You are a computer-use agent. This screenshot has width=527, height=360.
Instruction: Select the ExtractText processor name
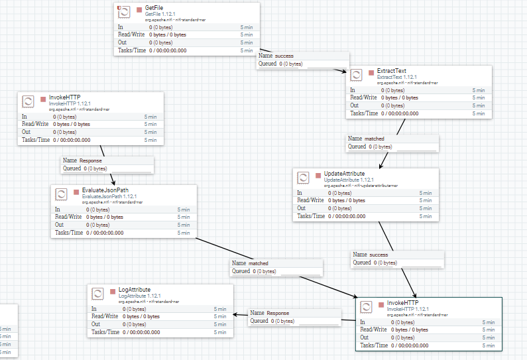point(391,71)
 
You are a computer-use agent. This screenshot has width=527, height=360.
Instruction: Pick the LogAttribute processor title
point(135,290)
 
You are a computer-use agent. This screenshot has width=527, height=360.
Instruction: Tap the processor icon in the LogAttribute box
point(97,294)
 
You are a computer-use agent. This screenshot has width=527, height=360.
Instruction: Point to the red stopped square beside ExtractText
point(371,72)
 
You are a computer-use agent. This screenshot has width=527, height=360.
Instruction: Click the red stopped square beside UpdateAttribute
point(318,174)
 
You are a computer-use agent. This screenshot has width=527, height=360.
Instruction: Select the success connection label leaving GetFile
point(284,56)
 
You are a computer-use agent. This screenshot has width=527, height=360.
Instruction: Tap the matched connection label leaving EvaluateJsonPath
point(259,263)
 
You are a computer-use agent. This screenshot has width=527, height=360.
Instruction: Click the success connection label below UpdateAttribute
point(379,255)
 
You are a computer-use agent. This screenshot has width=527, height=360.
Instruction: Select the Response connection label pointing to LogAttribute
point(278,313)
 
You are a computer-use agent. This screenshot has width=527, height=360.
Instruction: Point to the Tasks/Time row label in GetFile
point(131,50)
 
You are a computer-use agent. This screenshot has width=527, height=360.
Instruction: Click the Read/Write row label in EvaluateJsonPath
point(68,217)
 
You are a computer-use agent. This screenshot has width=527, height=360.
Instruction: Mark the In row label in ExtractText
point(353,90)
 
